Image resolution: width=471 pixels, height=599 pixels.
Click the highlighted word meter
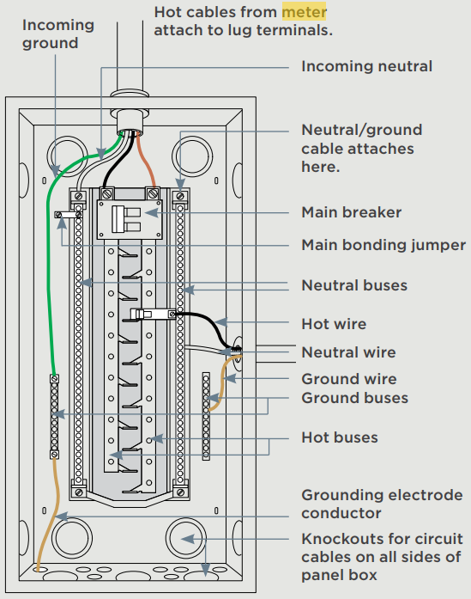(x=304, y=12)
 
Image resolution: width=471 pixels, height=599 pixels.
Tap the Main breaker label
(x=351, y=212)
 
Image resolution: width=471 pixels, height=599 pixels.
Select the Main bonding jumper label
(x=383, y=245)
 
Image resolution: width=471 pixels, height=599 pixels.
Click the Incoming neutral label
(x=367, y=66)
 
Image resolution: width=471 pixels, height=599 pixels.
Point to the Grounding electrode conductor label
(x=382, y=504)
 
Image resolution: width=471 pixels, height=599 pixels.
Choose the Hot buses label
(x=340, y=437)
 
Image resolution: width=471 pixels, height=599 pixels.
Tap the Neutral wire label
(x=348, y=352)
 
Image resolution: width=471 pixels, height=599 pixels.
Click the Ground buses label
(x=354, y=398)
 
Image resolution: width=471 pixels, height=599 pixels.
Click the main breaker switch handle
(x=118, y=219)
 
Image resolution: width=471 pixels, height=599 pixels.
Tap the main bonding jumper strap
(x=69, y=215)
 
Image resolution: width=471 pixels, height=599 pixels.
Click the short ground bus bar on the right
(x=206, y=417)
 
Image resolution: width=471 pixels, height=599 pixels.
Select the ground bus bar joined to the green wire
(x=55, y=417)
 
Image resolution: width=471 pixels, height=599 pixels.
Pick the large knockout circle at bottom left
(x=72, y=538)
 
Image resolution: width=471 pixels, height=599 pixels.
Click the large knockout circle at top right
(x=192, y=156)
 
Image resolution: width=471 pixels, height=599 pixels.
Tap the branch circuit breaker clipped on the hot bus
(x=153, y=315)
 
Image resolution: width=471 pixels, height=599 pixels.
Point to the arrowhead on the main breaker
(x=151, y=213)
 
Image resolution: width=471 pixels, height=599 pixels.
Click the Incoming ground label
(x=58, y=34)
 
